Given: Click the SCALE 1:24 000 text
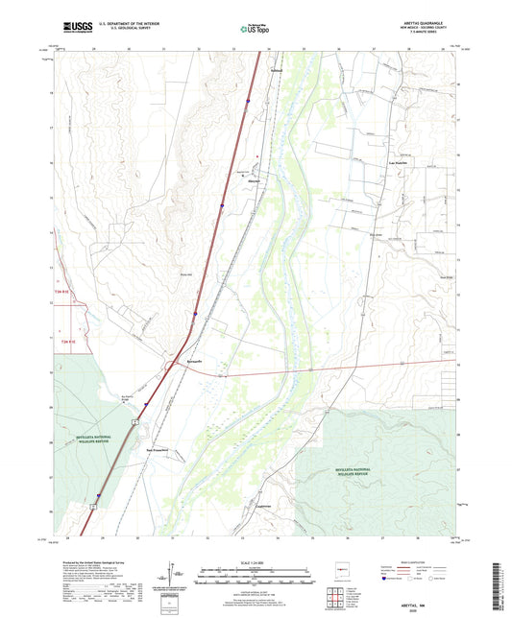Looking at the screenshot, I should (x=256, y=562).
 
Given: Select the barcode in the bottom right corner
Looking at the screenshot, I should (x=502, y=587).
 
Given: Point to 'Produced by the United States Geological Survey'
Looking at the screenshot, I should (x=92, y=561).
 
